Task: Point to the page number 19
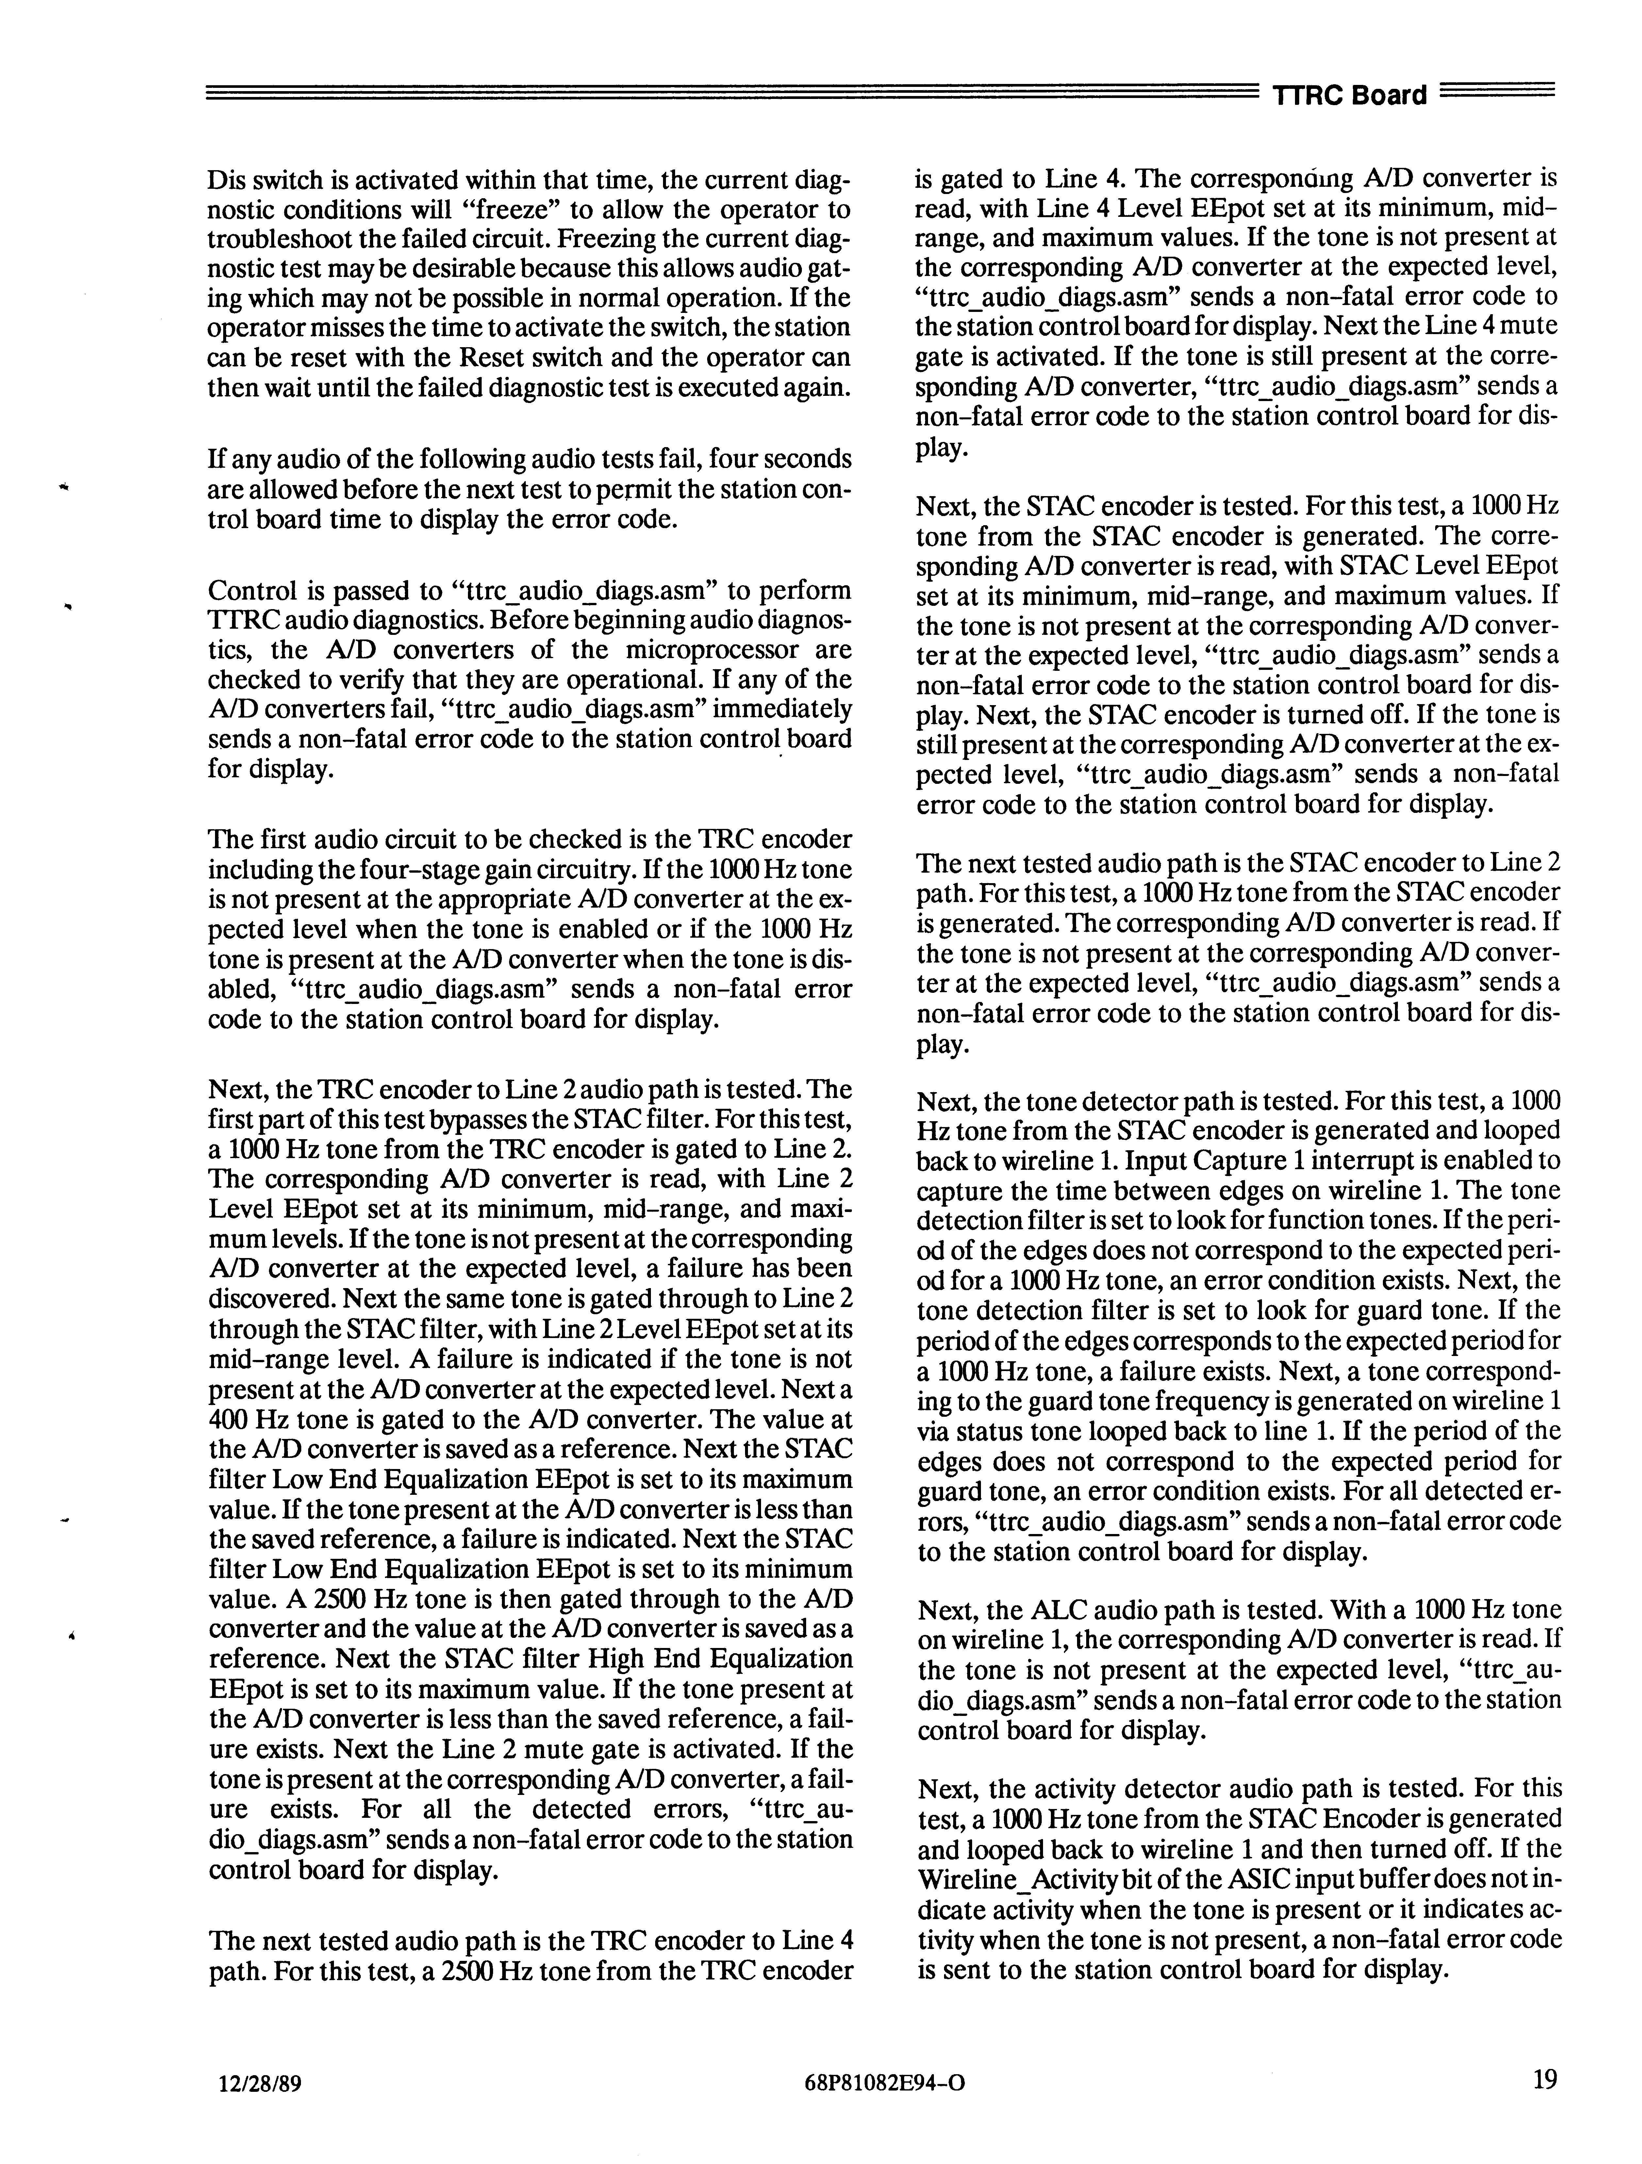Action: [1544, 2104]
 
